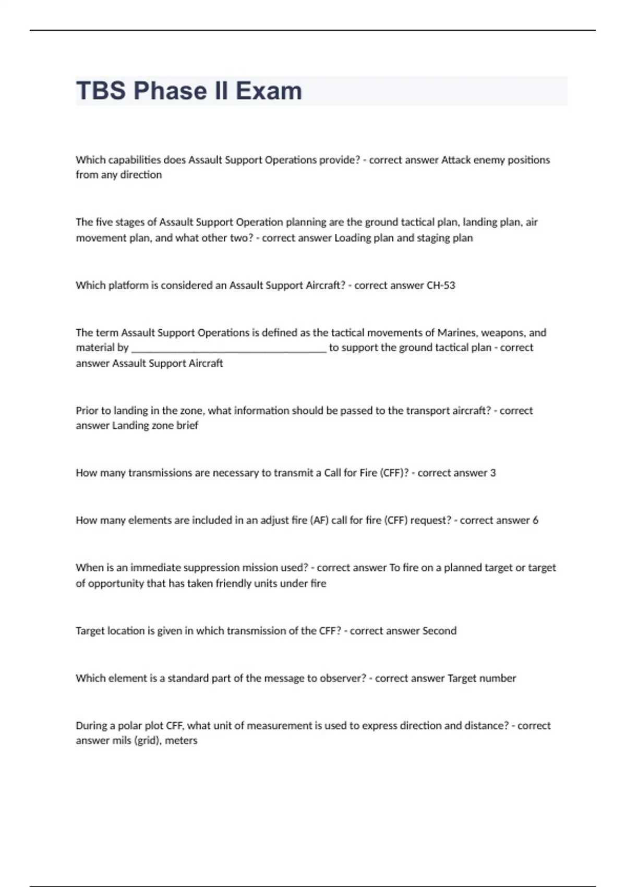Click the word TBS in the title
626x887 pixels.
click(x=101, y=91)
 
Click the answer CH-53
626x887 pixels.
click(x=441, y=285)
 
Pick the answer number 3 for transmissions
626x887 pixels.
click(x=493, y=473)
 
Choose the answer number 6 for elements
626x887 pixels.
click(x=535, y=520)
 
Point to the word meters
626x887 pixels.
click(x=181, y=740)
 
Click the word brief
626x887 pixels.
click(x=187, y=426)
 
